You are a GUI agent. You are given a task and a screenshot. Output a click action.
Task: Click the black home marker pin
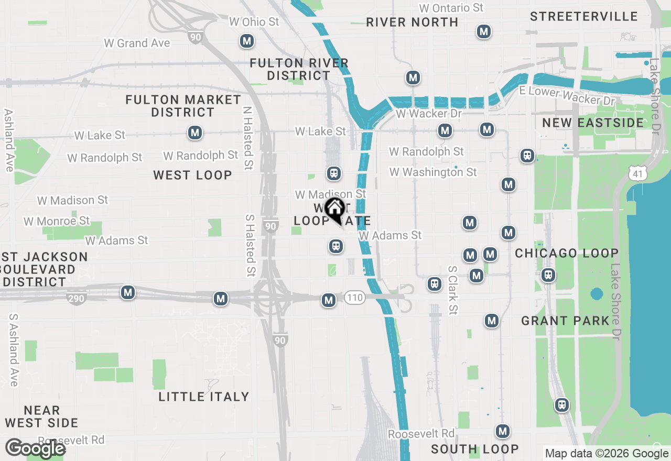(334, 209)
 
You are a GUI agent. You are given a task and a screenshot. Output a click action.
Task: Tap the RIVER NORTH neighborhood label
(412, 22)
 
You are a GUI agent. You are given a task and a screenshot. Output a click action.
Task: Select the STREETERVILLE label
(583, 16)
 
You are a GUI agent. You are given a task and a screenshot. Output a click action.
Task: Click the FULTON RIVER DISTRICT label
(299, 69)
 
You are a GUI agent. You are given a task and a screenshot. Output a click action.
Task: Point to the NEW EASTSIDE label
(593, 123)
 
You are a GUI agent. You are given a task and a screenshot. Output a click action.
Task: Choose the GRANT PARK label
(566, 321)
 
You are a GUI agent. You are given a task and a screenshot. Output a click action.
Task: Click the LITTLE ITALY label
(203, 397)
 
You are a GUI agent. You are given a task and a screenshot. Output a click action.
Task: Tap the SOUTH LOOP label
(474, 449)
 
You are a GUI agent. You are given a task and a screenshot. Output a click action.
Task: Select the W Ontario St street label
(451, 8)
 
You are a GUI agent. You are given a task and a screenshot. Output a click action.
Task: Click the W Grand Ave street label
(137, 43)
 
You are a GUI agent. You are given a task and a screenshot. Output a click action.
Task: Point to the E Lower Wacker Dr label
(567, 96)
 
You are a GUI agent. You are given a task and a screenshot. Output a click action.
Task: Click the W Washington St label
(433, 172)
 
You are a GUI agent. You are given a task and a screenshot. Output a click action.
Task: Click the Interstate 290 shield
(77, 299)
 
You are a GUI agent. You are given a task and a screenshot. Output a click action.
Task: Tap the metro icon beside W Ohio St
(246, 41)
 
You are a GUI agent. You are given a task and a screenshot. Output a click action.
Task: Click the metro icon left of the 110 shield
(329, 300)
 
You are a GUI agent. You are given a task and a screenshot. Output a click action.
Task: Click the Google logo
(35, 448)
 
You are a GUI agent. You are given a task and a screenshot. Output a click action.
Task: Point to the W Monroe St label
(57, 221)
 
